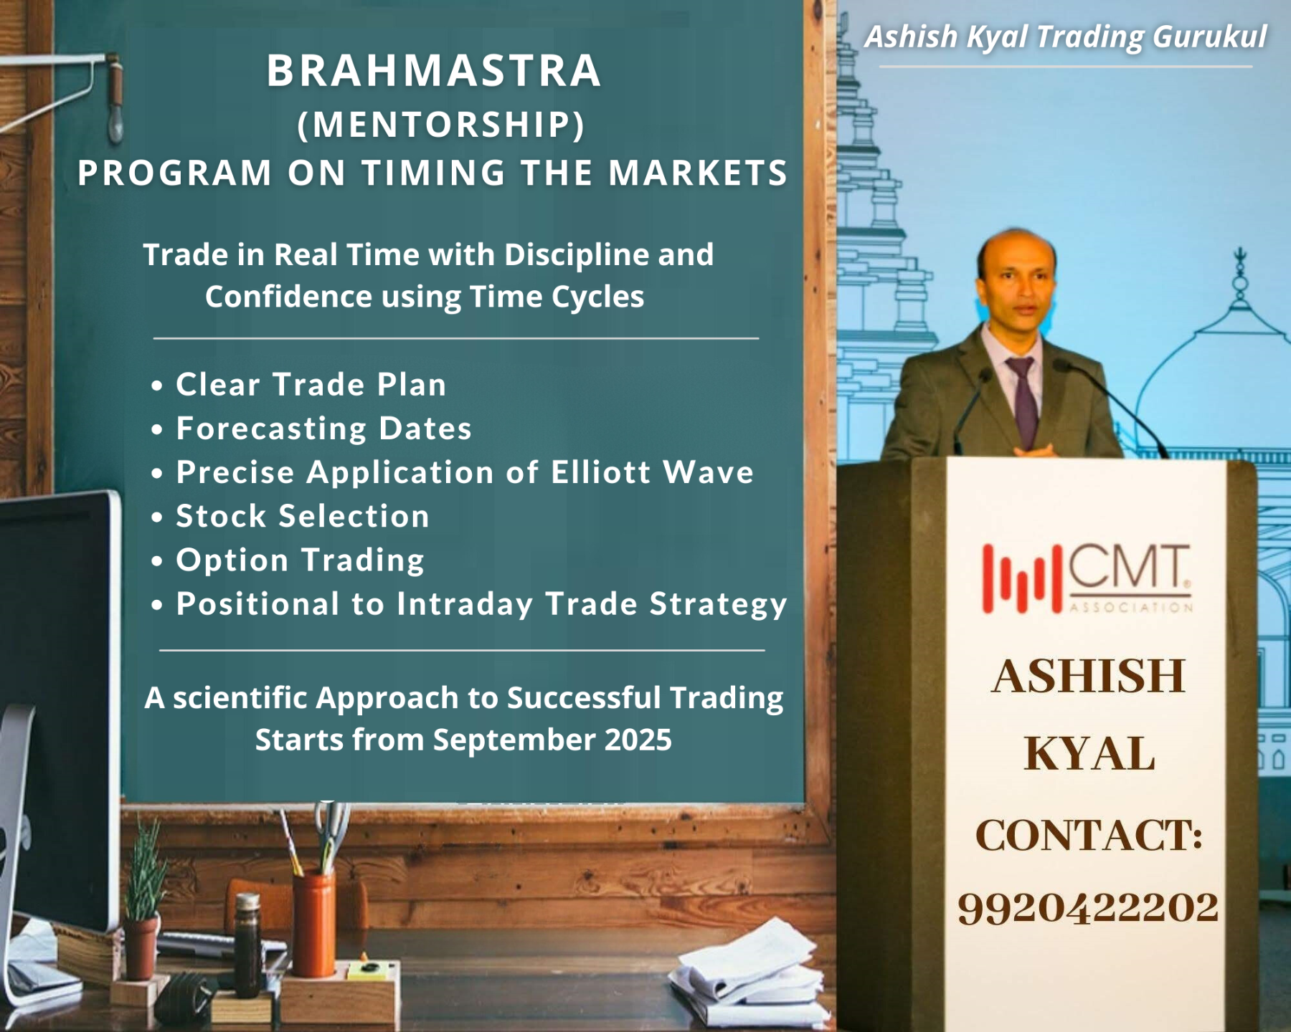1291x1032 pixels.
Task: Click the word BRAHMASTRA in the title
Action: (433, 71)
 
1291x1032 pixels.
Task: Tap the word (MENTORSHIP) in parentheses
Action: (441, 124)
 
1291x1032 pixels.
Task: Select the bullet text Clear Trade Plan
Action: (311, 385)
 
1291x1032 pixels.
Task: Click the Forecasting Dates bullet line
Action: (323, 429)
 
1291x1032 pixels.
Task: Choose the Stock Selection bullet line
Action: (302, 516)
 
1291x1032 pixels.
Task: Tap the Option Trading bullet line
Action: (300, 560)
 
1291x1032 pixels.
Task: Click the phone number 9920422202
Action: (1087, 907)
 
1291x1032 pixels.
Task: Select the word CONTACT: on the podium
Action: (1088, 836)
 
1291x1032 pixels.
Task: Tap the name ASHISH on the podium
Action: (1088, 676)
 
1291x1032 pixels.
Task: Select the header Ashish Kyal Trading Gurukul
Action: (1065, 37)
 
